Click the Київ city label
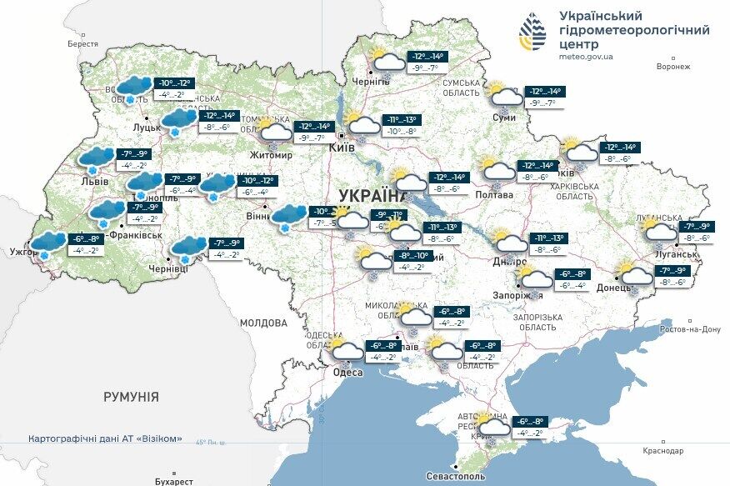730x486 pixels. [342, 147]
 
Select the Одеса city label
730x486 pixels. [347, 373]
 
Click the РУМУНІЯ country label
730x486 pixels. [131, 397]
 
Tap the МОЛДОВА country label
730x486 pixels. [263, 322]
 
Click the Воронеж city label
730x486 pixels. [674, 67]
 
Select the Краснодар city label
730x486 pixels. [662, 451]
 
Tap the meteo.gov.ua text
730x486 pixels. [586, 57]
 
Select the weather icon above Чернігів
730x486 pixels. [387, 61]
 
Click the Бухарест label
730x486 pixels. [173, 481]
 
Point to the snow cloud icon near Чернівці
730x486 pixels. [188, 247]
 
